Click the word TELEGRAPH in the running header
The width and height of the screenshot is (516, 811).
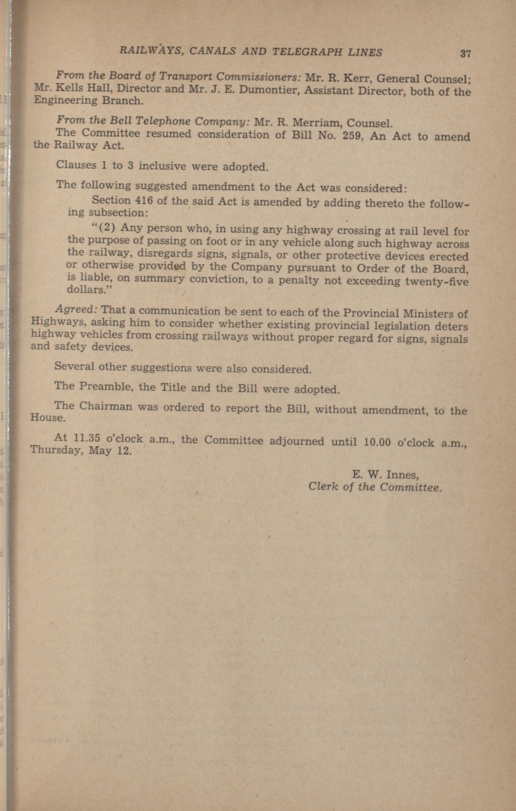coord(310,52)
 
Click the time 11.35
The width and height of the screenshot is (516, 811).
coord(86,438)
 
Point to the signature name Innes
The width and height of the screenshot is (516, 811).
coord(402,475)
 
